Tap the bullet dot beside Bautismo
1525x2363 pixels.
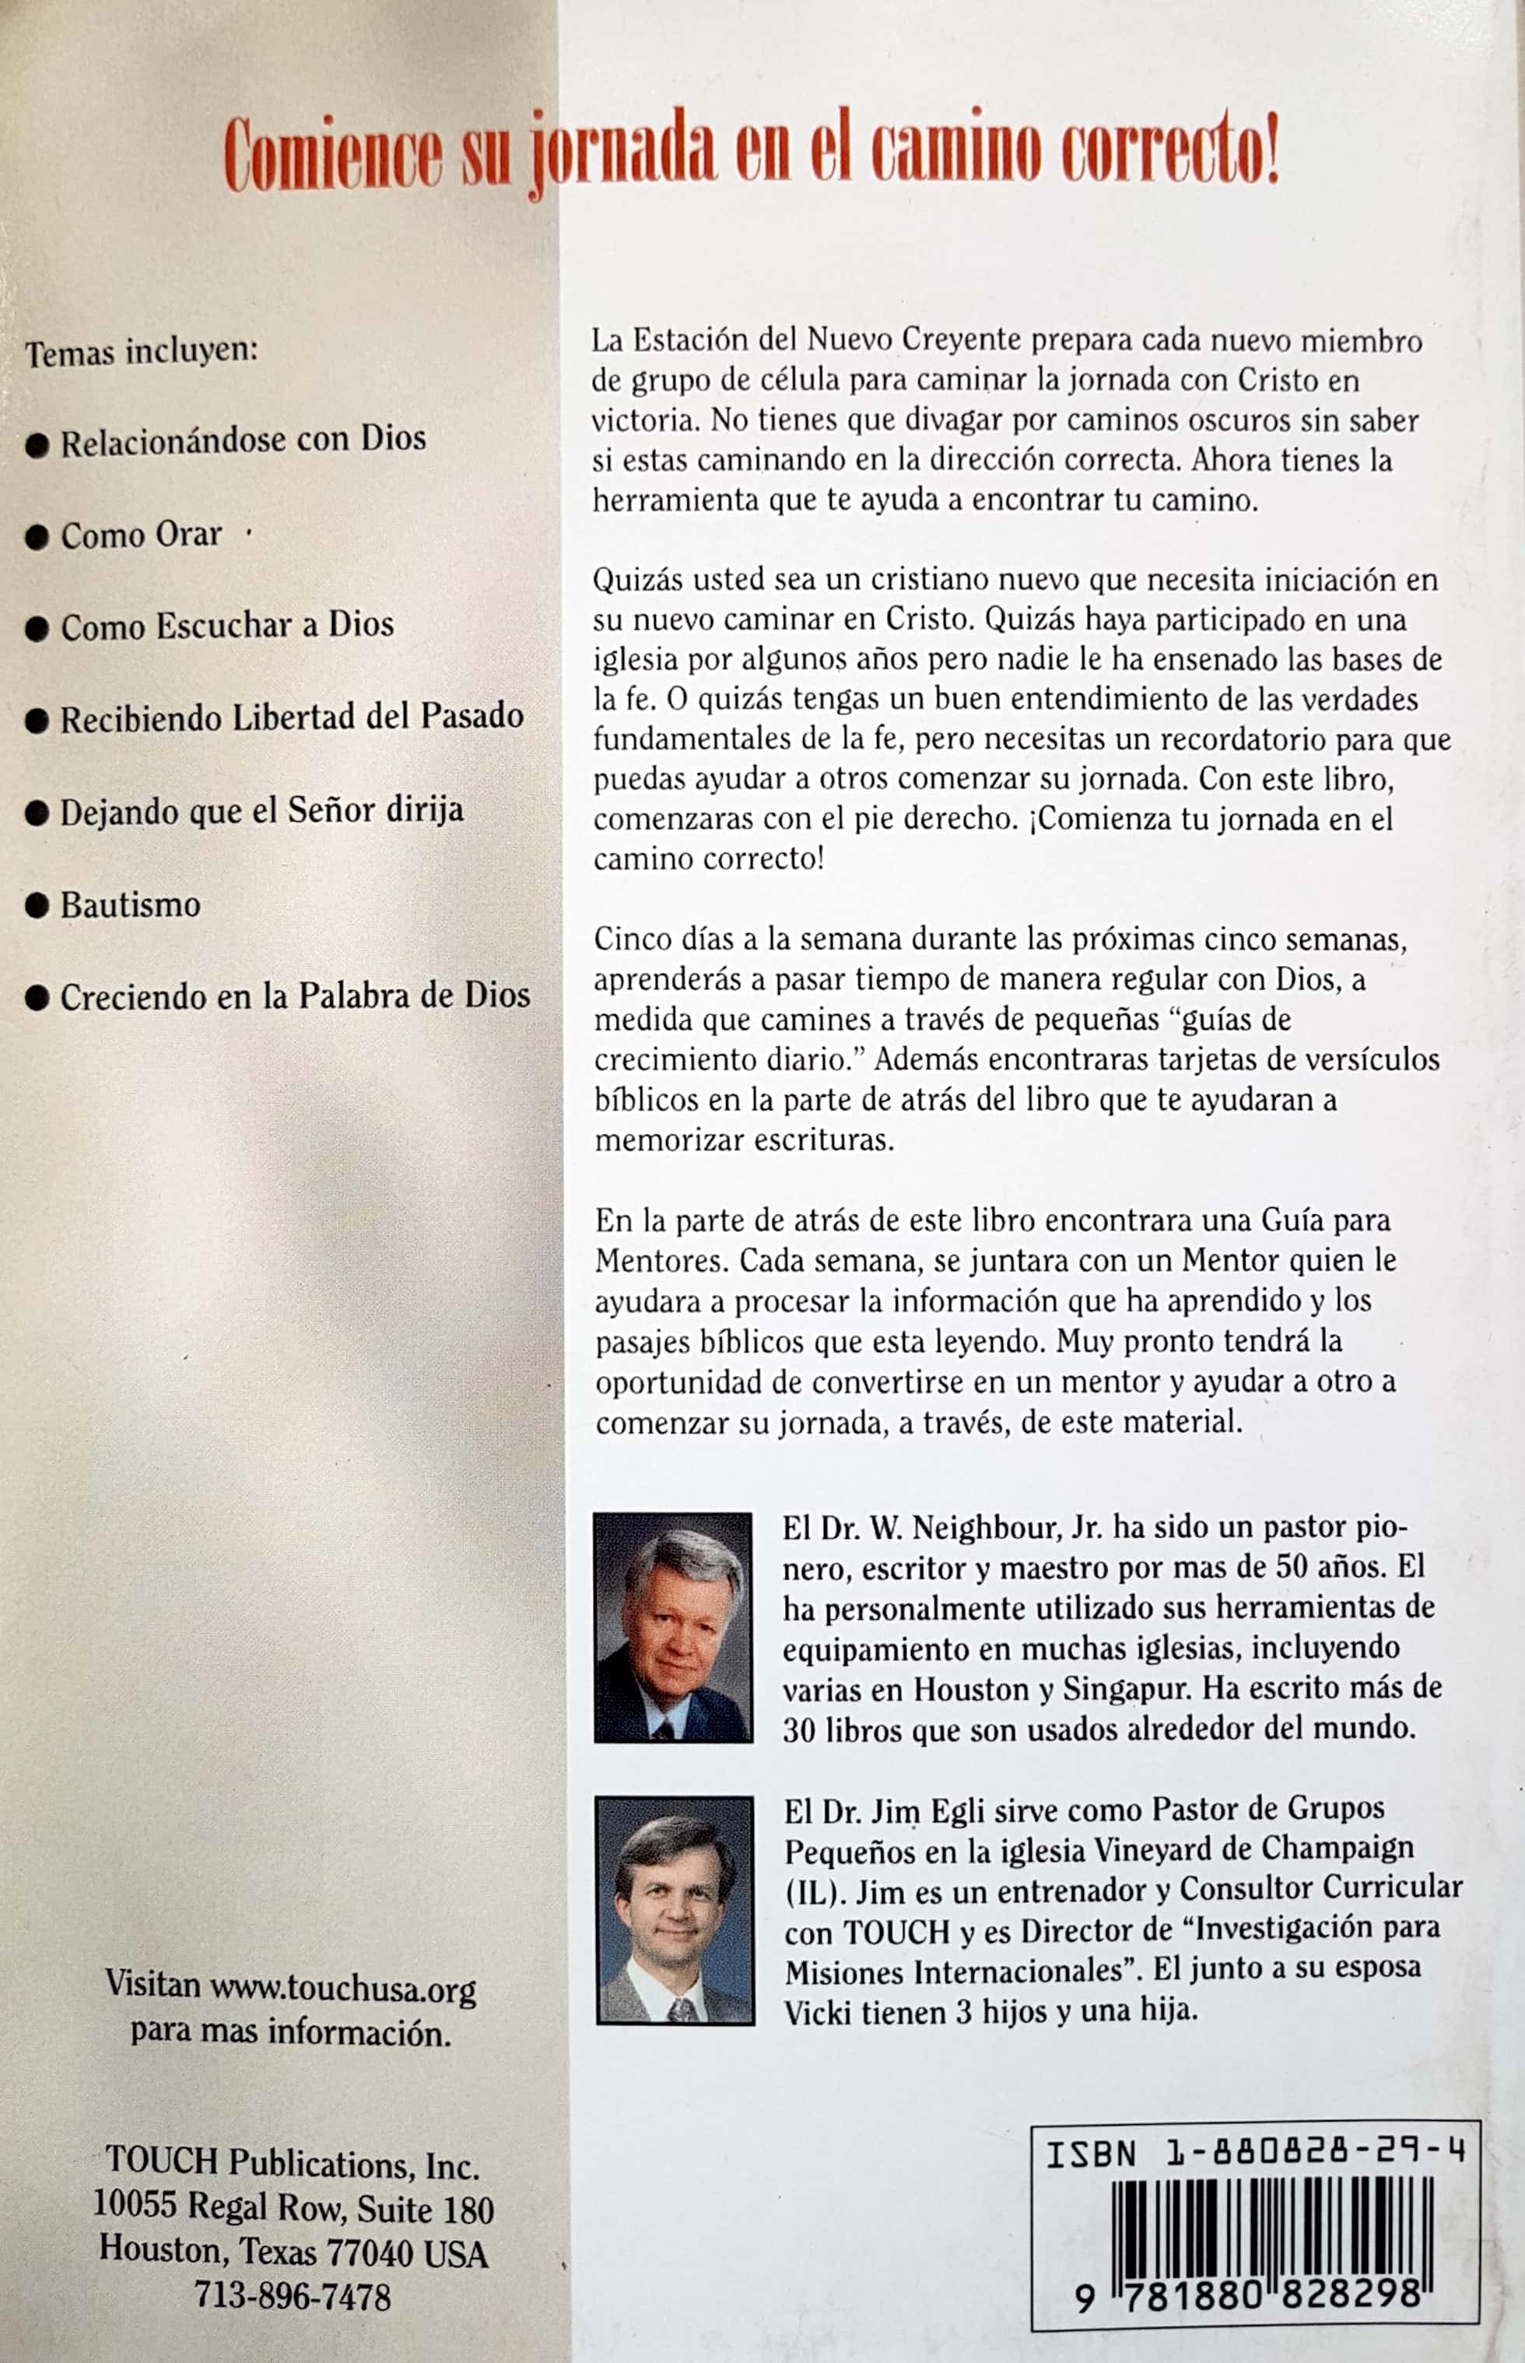(x=37, y=905)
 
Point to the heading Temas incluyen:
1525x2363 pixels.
(x=142, y=353)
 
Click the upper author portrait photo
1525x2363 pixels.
(x=672, y=1627)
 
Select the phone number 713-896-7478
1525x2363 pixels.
(x=292, y=2295)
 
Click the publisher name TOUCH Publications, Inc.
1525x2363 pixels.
(x=292, y=2165)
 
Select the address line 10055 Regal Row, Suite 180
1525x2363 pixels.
(x=292, y=2209)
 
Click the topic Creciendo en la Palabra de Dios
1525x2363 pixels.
(x=295, y=996)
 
